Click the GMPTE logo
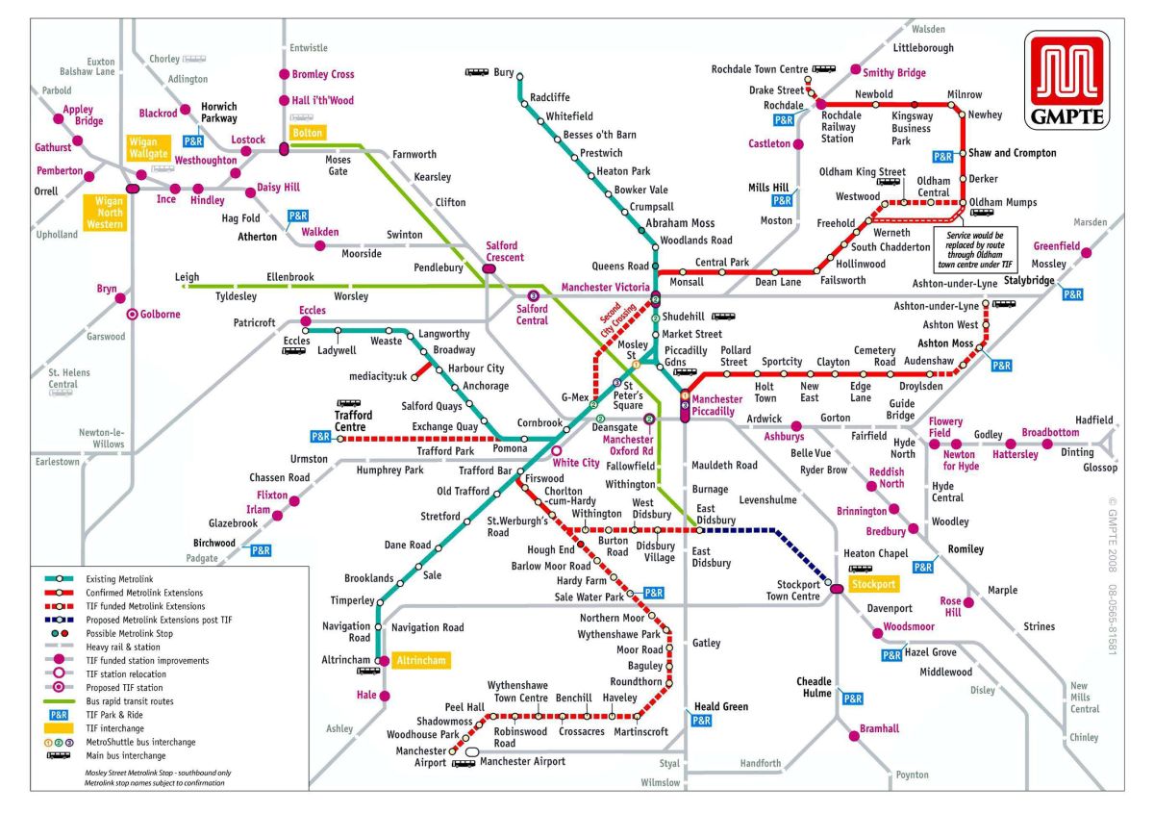(x=1067, y=81)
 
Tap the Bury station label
(x=504, y=72)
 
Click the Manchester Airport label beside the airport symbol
(x=522, y=761)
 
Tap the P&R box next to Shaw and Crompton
(x=942, y=156)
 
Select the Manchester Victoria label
(x=606, y=288)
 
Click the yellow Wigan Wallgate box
(x=149, y=148)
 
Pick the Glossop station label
(x=1100, y=468)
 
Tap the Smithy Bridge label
(x=893, y=72)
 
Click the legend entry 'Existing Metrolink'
(x=121, y=579)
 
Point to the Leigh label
(x=187, y=277)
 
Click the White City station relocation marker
(x=556, y=449)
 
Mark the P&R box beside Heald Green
(x=701, y=720)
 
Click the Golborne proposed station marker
(x=132, y=314)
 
